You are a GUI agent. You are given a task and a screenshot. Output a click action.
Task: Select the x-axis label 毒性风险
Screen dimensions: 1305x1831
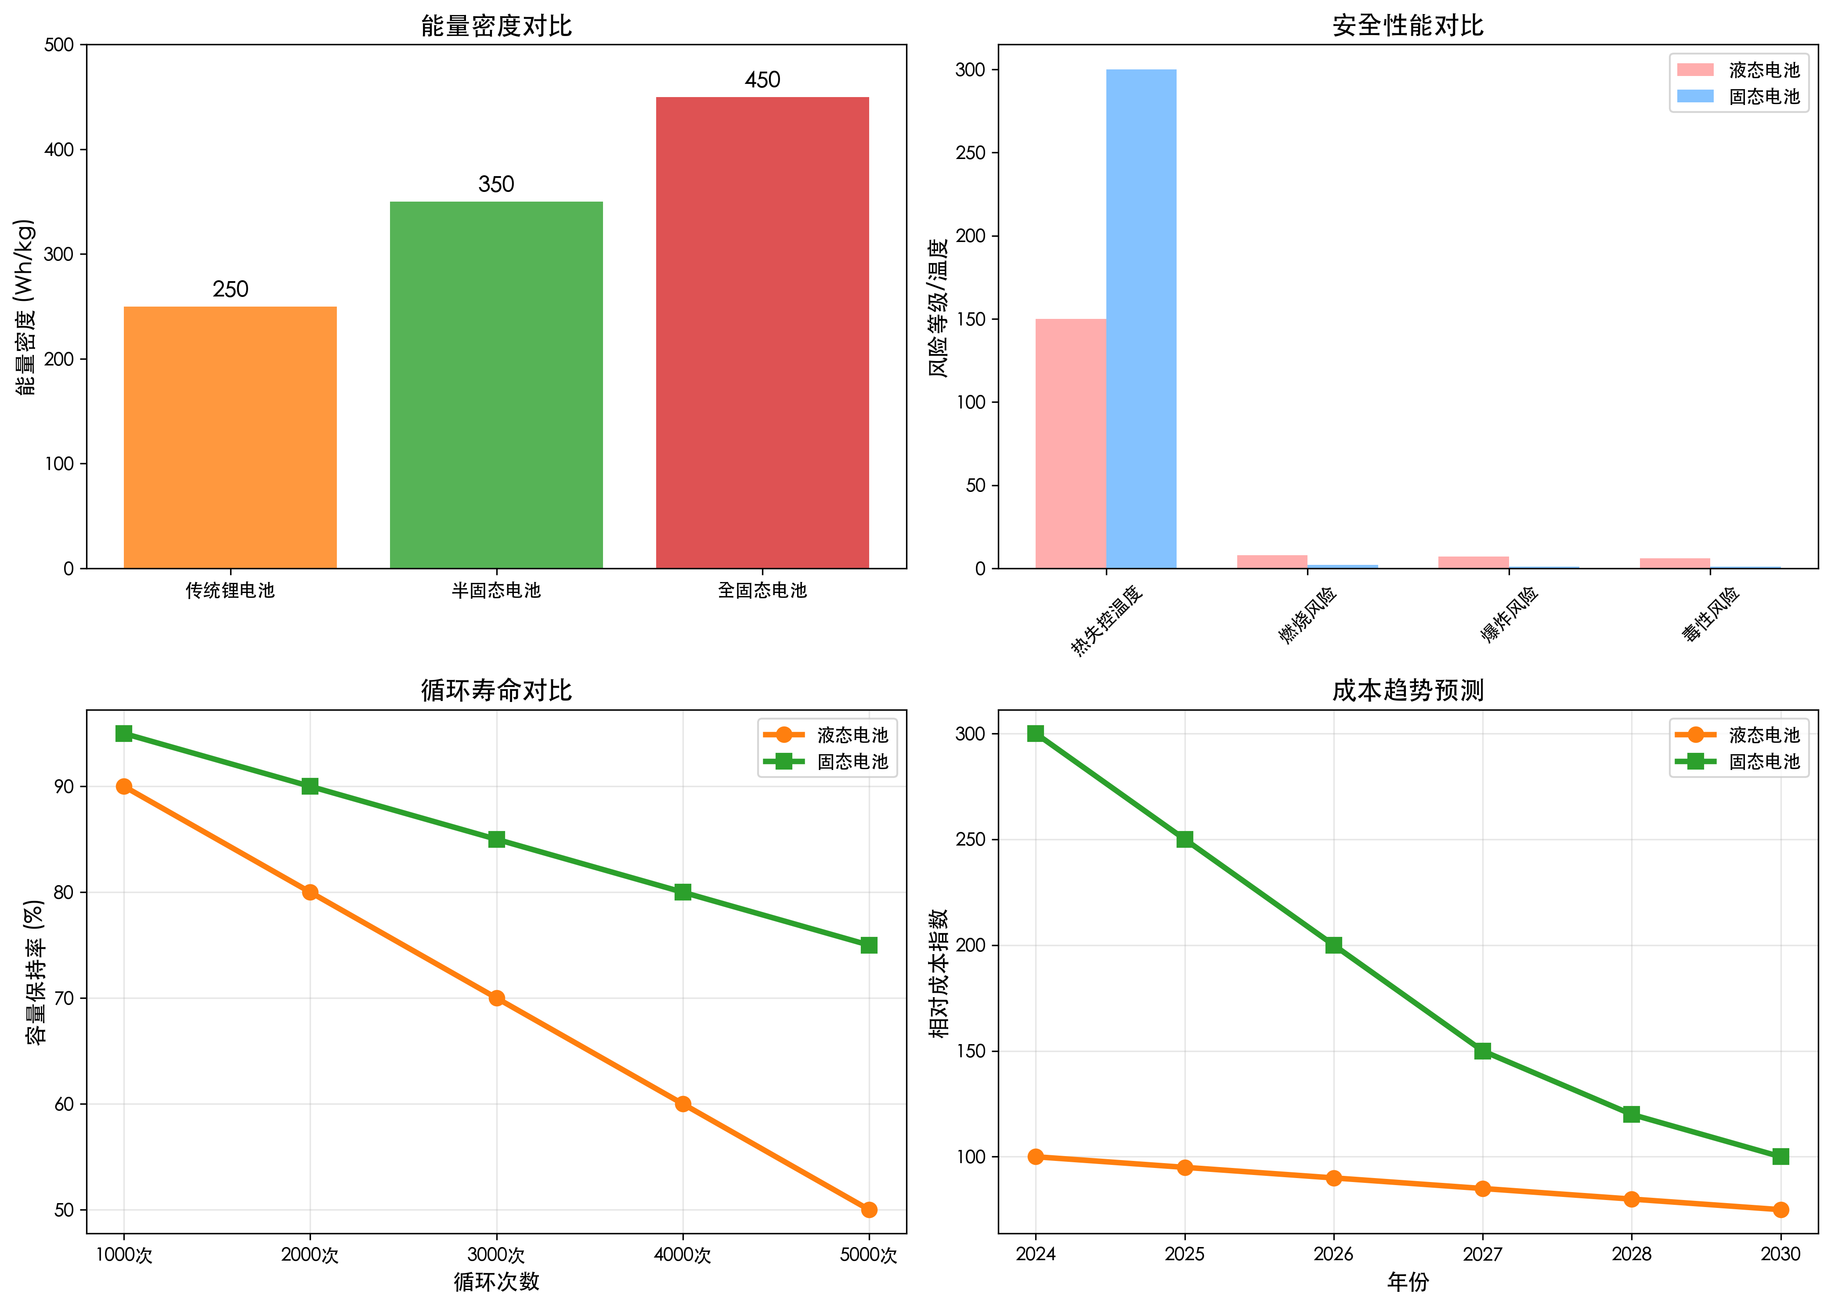(1711, 613)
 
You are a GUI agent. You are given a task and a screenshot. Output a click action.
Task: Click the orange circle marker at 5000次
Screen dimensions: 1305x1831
(868, 1209)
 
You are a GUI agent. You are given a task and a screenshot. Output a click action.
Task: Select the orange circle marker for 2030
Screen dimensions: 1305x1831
(1780, 1209)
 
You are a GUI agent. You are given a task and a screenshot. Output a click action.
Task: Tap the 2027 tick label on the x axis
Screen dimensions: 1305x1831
(1482, 1254)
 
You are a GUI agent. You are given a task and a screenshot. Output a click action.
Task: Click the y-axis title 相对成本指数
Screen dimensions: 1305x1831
(939, 972)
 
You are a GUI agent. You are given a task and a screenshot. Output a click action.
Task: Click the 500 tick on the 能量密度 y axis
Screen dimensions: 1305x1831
(59, 45)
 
